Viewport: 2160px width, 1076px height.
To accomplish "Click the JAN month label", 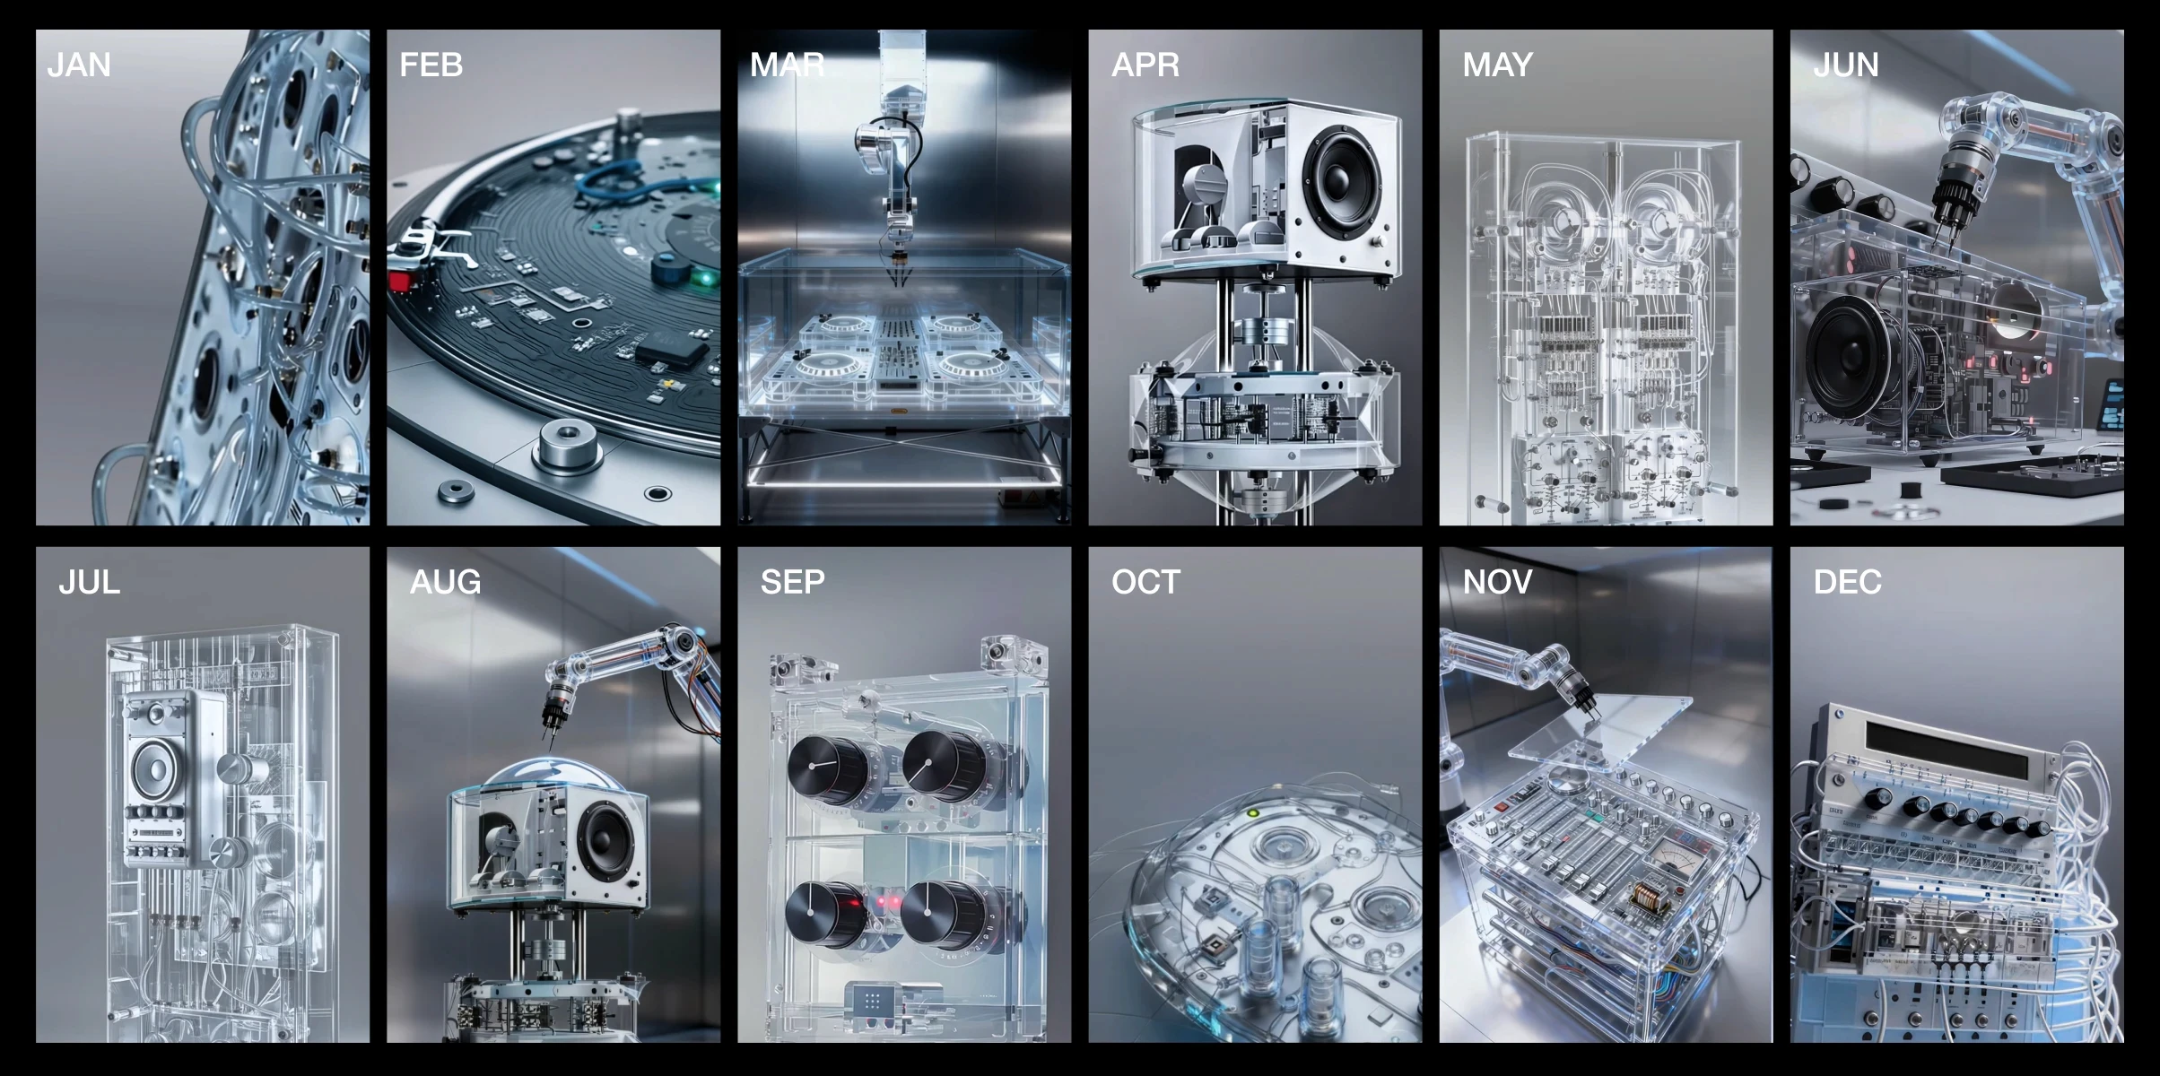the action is [x=79, y=65].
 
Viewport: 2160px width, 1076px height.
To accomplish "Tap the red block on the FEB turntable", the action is [x=399, y=282].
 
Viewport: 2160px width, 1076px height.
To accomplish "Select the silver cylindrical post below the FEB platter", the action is [x=567, y=445].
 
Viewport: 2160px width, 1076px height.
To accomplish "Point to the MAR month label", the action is [x=787, y=65].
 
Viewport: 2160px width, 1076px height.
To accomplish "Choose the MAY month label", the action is [x=1497, y=65].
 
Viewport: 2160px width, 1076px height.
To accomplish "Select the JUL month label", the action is [x=89, y=582].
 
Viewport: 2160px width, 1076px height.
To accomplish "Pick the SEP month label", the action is [x=793, y=582].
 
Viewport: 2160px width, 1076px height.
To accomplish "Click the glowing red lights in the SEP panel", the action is [x=884, y=901].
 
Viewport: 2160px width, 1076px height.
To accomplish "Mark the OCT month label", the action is [x=1145, y=582].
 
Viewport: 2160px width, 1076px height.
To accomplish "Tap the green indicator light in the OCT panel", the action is [x=1254, y=814].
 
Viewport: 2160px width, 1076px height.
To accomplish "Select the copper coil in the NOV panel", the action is [x=1647, y=896].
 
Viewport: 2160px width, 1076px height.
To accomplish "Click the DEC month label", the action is [x=1847, y=582].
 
